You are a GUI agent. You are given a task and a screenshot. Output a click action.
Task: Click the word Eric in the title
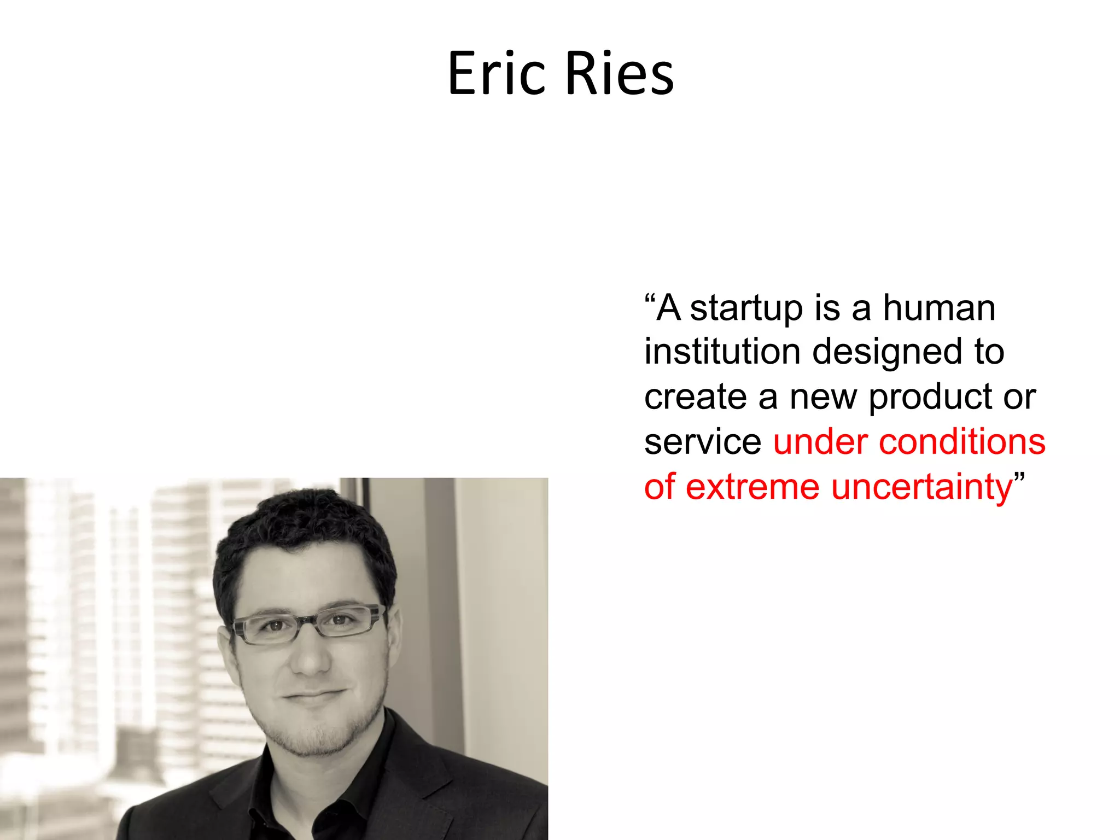pyautogui.click(x=497, y=74)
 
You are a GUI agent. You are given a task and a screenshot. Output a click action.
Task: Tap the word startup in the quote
pyautogui.click(x=746, y=309)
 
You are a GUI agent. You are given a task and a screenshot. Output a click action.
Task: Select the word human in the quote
pyautogui.click(x=939, y=308)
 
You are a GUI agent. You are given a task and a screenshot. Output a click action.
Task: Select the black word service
pyautogui.click(x=702, y=442)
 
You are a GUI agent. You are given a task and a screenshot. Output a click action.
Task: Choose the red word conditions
pyautogui.click(x=962, y=442)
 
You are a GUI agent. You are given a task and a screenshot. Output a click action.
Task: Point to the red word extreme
pyautogui.click(x=752, y=487)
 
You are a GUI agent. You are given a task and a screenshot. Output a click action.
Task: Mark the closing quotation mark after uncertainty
pyautogui.click(x=1019, y=475)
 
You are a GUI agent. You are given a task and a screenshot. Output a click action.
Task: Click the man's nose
pyautogui.click(x=310, y=659)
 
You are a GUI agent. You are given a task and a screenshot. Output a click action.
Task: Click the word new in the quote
pyautogui.click(x=822, y=398)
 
